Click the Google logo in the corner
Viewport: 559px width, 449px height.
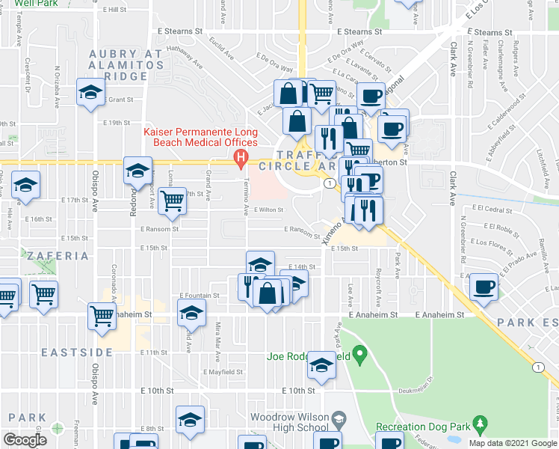pyautogui.click(x=25, y=440)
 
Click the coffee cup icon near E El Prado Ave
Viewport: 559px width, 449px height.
pyautogui.click(x=484, y=287)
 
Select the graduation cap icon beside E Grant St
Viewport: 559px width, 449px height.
pyautogui.click(x=90, y=94)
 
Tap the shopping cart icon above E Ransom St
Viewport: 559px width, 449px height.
pyautogui.click(x=172, y=201)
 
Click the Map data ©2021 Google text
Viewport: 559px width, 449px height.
pyautogui.click(x=513, y=443)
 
